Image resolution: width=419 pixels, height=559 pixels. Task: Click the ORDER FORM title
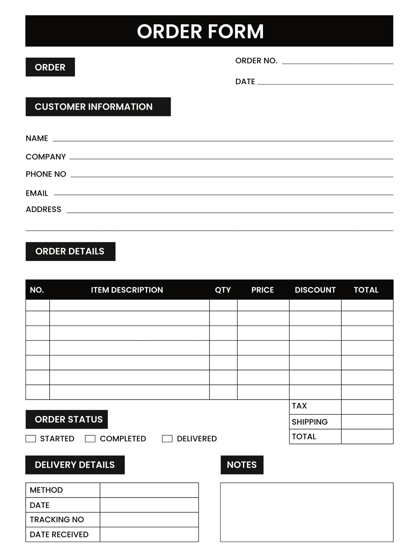(200, 31)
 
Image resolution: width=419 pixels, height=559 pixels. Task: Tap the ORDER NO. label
(256, 61)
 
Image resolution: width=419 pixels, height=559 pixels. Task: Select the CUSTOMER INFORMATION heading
(94, 107)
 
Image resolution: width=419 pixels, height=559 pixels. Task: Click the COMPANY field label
(46, 157)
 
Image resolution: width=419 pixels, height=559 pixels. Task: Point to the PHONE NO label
(46, 174)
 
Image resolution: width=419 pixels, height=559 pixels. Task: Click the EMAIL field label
(37, 193)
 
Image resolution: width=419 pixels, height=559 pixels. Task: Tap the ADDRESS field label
(43, 209)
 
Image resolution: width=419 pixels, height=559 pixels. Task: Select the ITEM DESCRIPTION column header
(127, 290)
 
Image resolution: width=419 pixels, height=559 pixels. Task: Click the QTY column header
(223, 290)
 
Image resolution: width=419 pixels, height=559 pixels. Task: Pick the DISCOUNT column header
(315, 290)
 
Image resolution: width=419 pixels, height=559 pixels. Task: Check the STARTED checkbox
(31, 439)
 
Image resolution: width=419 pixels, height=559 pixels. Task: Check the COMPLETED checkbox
(90, 439)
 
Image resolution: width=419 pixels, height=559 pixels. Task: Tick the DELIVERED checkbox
(167, 439)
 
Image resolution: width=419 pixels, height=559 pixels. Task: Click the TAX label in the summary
(299, 406)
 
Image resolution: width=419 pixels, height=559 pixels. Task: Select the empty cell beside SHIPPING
(367, 422)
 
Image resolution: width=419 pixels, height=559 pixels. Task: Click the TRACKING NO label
(57, 520)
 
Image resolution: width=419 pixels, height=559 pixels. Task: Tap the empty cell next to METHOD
(149, 490)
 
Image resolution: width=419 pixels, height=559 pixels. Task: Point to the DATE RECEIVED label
(59, 535)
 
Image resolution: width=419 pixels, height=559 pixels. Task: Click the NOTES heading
(242, 465)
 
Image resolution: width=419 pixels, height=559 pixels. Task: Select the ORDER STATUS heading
(68, 420)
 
